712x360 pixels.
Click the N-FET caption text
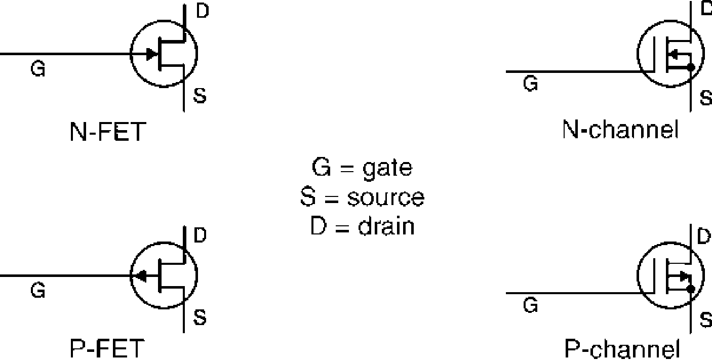click(108, 132)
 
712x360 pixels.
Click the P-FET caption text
click(107, 348)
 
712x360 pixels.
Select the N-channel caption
click(620, 130)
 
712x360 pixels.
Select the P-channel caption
click(622, 349)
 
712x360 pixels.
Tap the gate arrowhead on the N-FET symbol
click(152, 54)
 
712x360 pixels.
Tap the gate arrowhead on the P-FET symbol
click(140, 276)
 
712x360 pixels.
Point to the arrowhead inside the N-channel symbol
click(674, 55)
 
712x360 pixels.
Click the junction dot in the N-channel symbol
click(691, 67)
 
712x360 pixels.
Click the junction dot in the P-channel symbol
click(691, 289)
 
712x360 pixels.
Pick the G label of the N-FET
click(38, 69)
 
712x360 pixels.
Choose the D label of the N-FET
click(203, 11)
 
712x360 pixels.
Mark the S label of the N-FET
click(200, 95)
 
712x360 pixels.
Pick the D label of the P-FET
click(200, 235)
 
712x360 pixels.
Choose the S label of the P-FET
click(200, 317)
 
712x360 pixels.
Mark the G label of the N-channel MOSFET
click(531, 84)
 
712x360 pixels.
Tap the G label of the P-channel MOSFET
click(531, 305)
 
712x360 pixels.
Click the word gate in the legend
click(387, 169)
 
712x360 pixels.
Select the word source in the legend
click(385, 197)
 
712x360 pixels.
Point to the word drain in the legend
click(386, 226)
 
